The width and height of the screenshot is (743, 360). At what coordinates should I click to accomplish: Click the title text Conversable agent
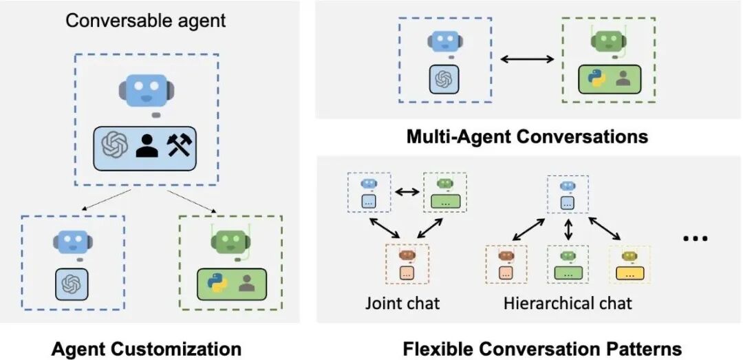coord(145,20)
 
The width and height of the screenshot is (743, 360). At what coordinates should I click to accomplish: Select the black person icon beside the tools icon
coord(147,145)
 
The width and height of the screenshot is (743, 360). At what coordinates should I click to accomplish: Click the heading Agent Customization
coord(147,348)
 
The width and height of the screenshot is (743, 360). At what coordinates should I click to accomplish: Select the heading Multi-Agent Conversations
coord(527,136)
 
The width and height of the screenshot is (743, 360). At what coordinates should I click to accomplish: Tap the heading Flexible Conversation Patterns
coord(542,348)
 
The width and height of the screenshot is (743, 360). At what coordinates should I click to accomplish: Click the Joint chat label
coord(403,302)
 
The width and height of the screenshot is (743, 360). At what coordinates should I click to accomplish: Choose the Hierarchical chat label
coord(568,302)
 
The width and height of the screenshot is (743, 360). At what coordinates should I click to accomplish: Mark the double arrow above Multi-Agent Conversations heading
coord(527,59)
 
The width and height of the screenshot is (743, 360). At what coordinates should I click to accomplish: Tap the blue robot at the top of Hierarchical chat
coord(568,187)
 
